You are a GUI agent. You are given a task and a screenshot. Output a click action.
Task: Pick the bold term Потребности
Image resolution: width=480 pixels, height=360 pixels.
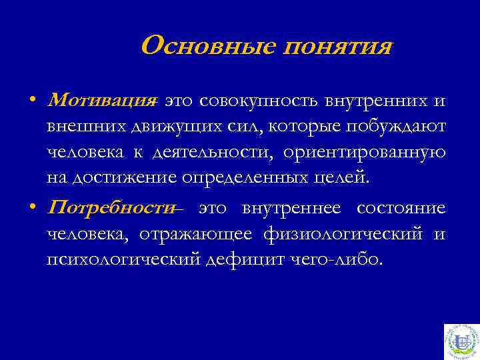point(110,208)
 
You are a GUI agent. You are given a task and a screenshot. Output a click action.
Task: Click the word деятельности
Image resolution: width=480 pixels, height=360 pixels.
point(213,153)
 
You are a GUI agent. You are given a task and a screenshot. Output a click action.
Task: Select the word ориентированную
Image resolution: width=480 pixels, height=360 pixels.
point(364,153)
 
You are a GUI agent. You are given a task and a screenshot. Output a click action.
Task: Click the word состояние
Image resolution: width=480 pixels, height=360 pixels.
point(401,208)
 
